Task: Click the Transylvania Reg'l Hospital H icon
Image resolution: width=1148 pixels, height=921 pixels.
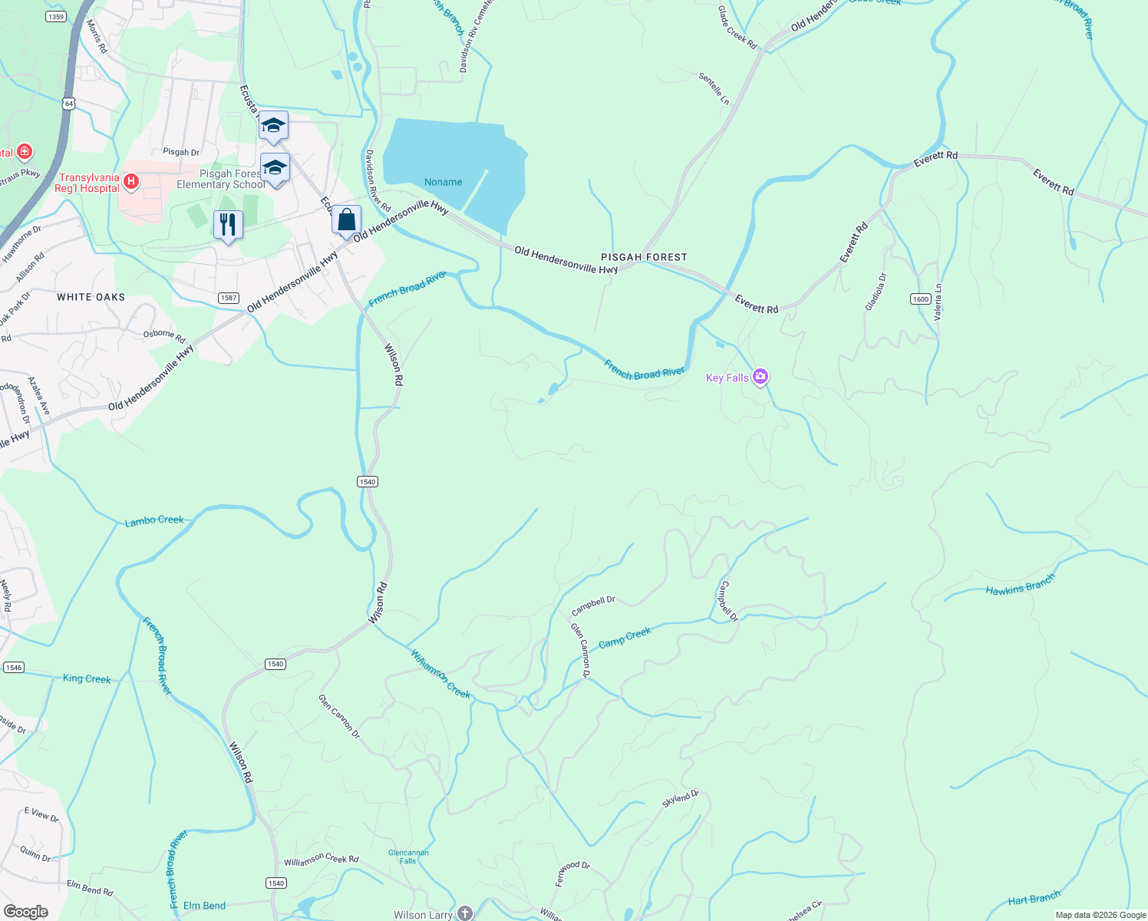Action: (x=131, y=182)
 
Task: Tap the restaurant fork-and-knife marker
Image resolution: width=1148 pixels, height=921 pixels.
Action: (x=228, y=225)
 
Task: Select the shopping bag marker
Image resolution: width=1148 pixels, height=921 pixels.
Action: (x=347, y=220)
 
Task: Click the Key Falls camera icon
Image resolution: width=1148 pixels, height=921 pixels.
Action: (x=760, y=376)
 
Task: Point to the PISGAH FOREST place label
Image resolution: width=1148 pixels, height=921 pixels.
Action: (x=644, y=257)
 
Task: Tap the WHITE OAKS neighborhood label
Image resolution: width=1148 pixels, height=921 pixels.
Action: (x=91, y=297)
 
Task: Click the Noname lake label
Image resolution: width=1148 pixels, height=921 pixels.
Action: (x=444, y=182)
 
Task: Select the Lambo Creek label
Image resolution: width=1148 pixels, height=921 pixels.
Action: (x=154, y=520)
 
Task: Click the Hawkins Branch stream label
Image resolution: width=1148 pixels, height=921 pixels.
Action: (x=1021, y=585)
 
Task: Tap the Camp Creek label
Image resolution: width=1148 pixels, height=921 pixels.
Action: (x=625, y=638)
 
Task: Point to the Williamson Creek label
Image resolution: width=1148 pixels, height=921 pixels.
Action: (x=440, y=674)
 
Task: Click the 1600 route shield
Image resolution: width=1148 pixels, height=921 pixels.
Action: (x=921, y=299)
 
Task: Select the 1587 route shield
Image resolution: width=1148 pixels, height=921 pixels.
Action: (x=228, y=298)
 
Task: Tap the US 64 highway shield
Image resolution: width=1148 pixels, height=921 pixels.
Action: (x=70, y=103)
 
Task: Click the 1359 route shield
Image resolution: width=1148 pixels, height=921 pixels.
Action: (x=56, y=16)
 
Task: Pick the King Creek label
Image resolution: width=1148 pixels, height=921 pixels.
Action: (x=87, y=678)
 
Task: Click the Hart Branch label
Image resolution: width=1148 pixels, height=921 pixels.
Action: (x=1034, y=899)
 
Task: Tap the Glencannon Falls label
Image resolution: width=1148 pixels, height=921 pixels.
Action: (x=408, y=857)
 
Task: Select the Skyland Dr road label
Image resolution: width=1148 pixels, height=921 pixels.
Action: (x=681, y=798)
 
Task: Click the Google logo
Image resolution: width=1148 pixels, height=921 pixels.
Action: (x=25, y=911)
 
